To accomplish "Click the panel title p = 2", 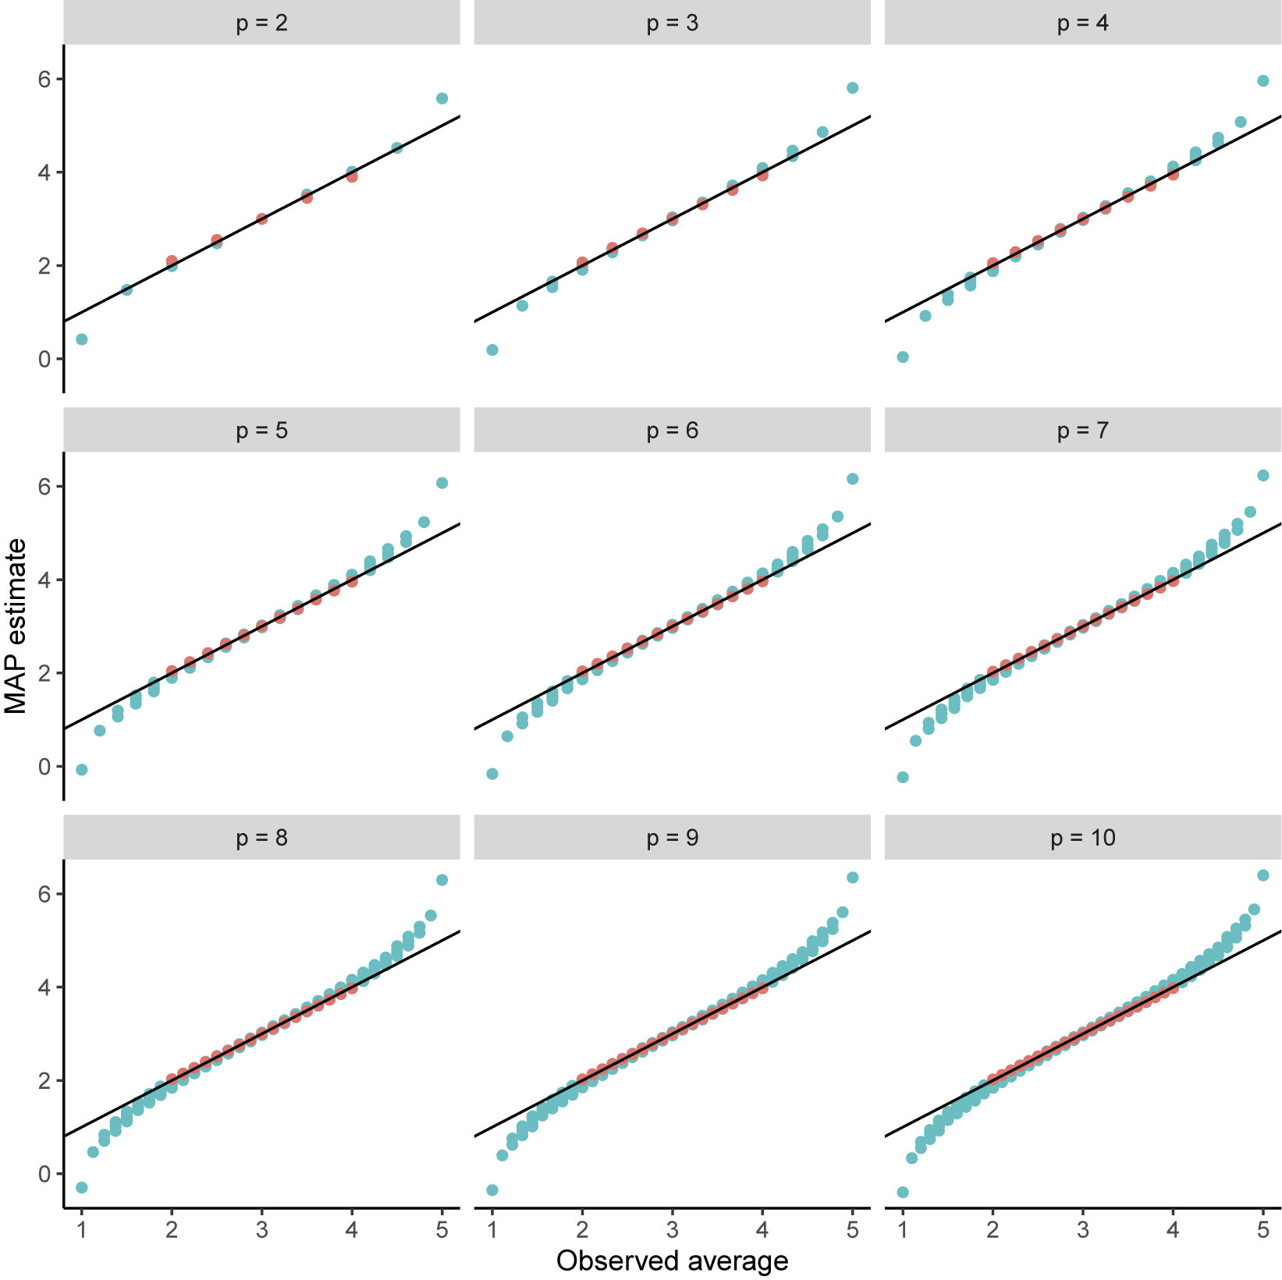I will click(x=261, y=23).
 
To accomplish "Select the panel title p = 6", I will click(x=672, y=430).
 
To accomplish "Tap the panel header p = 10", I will click(x=1082, y=838).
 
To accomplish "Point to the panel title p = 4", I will click(x=1082, y=23).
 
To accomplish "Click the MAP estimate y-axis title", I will click(x=16, y=626).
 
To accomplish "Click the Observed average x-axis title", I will click(x=672, y=1260).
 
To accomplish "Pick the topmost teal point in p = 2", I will click(x=442, y=98).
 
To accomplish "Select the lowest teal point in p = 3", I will click(x=492, y=350).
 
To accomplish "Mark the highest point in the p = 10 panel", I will click(x=1263, y=875).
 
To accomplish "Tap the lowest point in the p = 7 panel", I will click(x=903, y=777).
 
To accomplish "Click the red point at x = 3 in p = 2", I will click(x=262, y=218).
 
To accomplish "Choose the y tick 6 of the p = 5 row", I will click(x=45, y=486).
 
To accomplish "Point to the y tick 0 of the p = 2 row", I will click(x=45, y=359).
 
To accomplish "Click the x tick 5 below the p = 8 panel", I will click(x=442, y=1231).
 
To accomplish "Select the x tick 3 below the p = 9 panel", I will click(x=672, y=1231).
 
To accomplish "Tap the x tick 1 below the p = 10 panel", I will click(x=903, y=1231).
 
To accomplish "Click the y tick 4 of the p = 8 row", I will click(x=45, y=987).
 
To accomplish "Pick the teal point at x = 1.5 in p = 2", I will click(x=126, y=290).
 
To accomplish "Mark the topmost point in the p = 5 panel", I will click(x=442, y=483).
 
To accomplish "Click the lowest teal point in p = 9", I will click(x=492, y=1190).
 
